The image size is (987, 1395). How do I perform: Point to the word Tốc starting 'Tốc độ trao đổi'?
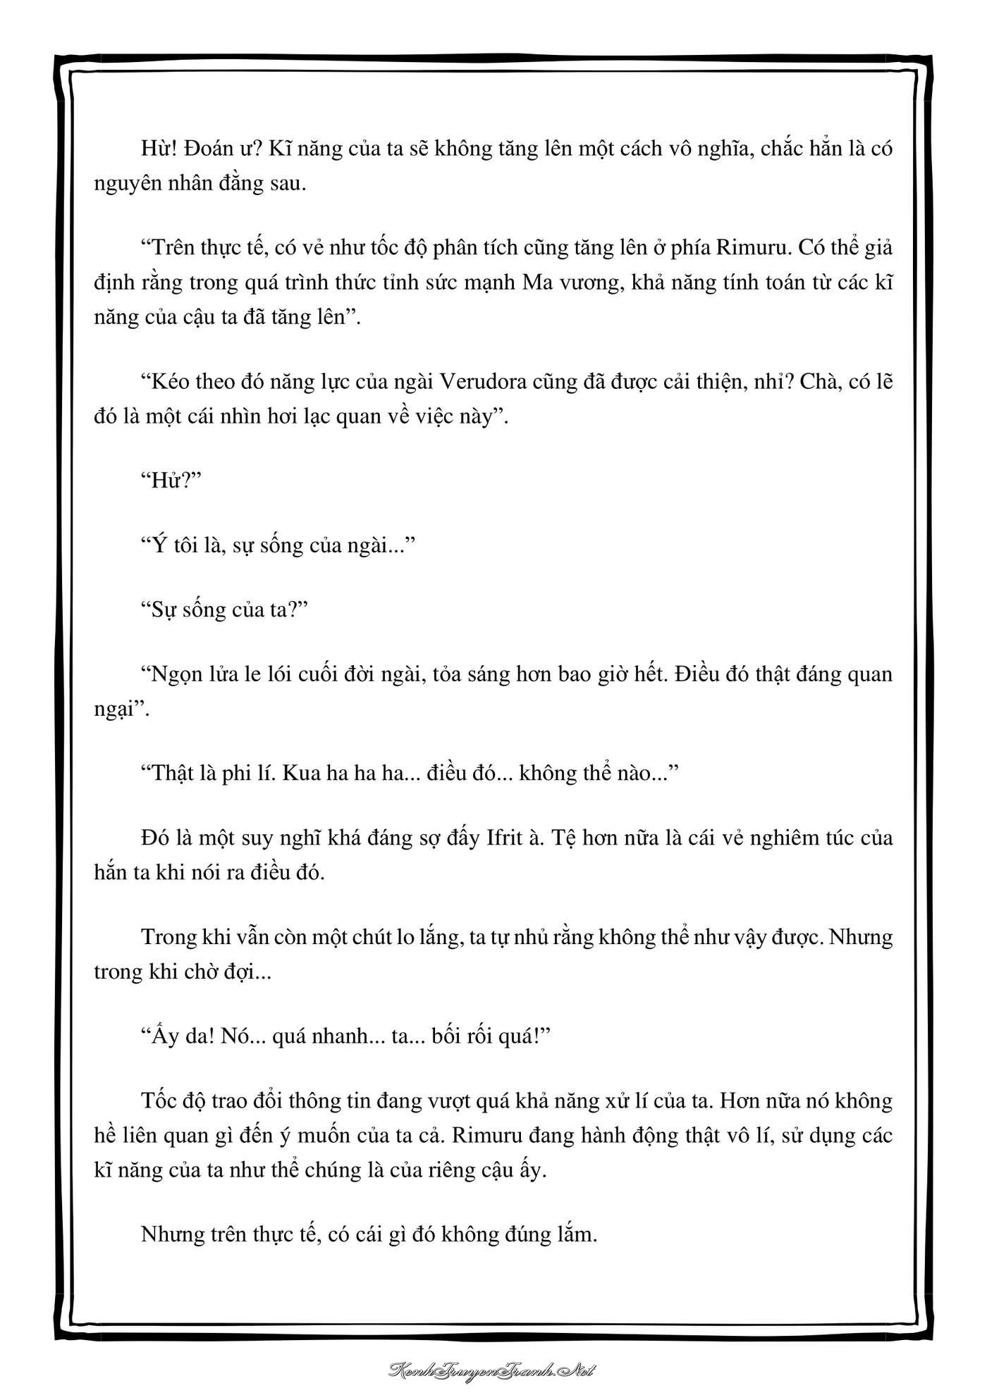(x=159, y=1101)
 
